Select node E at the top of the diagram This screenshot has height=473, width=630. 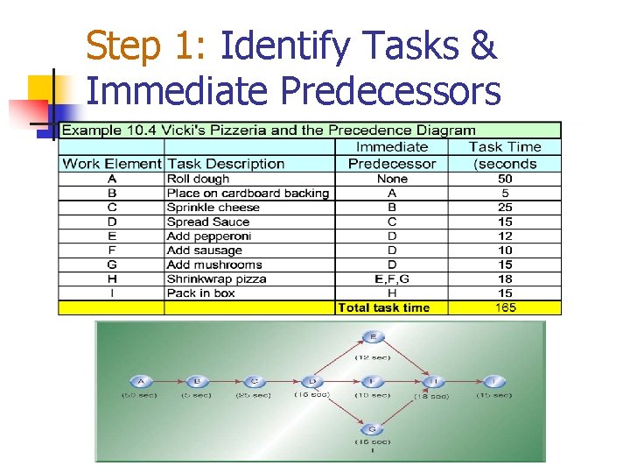coord(373,336)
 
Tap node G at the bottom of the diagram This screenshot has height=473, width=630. coord(373,428)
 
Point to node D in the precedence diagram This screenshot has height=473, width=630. coord(312,382)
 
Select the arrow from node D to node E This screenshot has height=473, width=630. coord(340,359)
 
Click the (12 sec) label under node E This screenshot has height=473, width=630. coord(373,357)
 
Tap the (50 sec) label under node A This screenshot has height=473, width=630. coord(139,396)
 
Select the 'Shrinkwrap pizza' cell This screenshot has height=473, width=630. coord(216,279)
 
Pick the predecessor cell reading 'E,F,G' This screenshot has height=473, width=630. coord(391,279)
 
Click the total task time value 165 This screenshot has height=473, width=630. coord(505,307)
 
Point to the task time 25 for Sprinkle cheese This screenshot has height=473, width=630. coord(505,208)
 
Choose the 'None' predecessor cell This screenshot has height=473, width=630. coord(391,179)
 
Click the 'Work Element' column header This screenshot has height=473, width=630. coord(112,164)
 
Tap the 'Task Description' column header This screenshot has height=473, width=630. coord(226,164)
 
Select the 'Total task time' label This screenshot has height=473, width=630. coord(383,307)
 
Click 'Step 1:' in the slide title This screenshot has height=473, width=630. coord(146,46)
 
